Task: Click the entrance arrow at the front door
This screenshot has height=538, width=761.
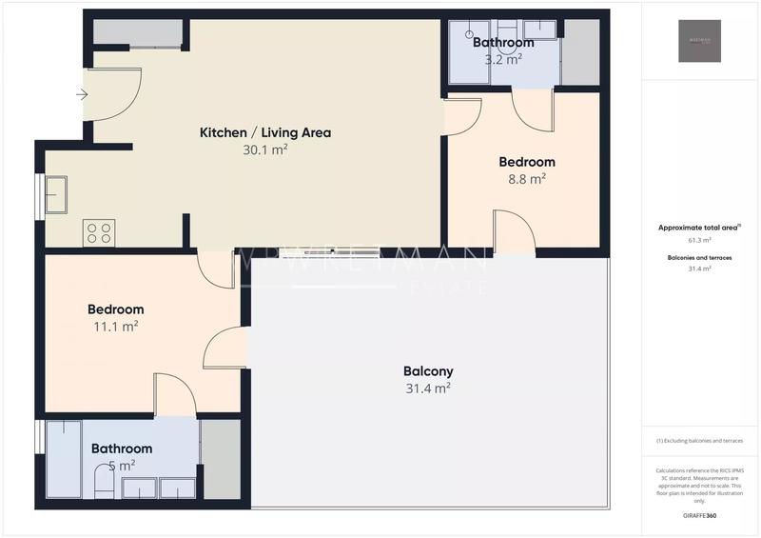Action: pos(82,94)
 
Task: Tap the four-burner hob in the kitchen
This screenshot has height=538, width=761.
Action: pos(99,232)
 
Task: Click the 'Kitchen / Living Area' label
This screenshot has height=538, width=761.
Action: pos(264,132)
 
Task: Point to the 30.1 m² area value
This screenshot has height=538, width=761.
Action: pos(264,149)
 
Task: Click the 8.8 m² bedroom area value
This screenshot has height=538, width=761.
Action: pos(526,178)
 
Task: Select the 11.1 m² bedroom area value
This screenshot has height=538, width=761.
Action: pos(115,326)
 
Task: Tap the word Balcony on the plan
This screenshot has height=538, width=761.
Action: pos(428,371)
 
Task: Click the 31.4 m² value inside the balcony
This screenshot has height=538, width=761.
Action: pos(427,388)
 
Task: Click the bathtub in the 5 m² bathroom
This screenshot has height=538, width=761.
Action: pos(64,459)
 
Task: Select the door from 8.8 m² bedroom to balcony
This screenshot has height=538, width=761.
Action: pos(514,232)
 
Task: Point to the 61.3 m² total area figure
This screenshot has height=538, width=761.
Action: pos(699,240)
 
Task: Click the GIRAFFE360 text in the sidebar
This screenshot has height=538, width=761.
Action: pos(699,515)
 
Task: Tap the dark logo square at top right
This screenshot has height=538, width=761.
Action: pos(699,41)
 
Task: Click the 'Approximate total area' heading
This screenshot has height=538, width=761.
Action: pos(699,228)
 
